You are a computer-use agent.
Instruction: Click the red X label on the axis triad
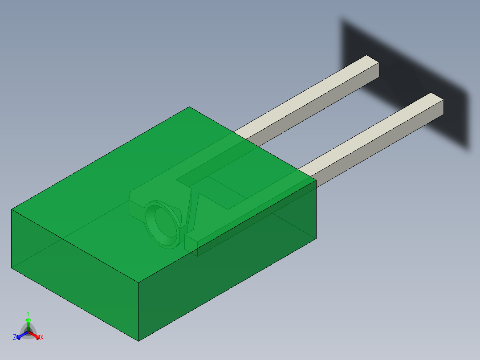42,338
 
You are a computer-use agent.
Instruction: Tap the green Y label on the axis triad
28,313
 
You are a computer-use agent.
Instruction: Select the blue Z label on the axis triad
15,338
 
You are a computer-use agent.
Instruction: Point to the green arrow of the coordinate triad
28,322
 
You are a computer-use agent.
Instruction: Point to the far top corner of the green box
189,107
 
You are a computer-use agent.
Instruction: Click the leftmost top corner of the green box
12,209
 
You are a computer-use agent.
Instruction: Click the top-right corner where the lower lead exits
316,180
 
